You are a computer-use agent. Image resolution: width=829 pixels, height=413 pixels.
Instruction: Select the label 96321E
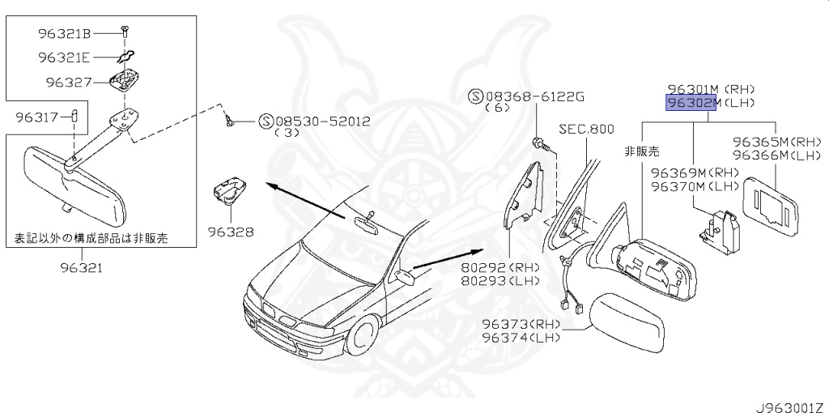point(65,57)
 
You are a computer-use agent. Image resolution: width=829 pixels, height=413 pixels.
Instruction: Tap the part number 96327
point(69,82)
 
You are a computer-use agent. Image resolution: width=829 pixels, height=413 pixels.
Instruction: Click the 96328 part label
point(230,232)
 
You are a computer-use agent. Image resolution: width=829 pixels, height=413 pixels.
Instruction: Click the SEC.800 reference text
point(586,129)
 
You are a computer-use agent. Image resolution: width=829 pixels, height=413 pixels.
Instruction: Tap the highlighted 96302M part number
point(690,103)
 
